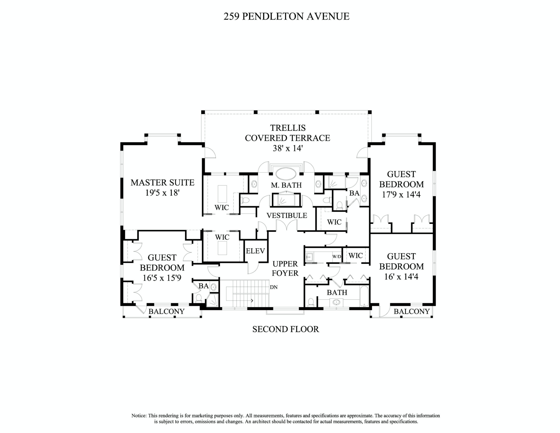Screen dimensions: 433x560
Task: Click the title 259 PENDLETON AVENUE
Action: click(x=286, y=16)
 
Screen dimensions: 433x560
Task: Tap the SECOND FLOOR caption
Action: click(x=286, y=329)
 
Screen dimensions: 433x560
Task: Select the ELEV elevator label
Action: click(x=255, y=251)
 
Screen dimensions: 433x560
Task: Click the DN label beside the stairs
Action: click(x=274, y=287)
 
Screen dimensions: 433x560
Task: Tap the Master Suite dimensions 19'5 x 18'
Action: click(x=162, y=193)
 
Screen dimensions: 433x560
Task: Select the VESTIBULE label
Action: click(x=287, y=215)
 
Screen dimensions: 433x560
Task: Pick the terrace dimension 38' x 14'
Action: click(x=288, y=148)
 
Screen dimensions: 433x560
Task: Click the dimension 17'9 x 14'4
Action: click(x=401, y=195)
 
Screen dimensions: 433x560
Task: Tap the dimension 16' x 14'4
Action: click(x=401, y=276)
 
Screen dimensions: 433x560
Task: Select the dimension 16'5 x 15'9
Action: click(x=162, y=278)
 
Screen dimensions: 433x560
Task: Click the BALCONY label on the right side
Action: click(x=411, y=311)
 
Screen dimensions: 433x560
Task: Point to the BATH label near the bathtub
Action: click(x=337, y=292)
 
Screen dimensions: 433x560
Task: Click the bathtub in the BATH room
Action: click(x=364, y=296)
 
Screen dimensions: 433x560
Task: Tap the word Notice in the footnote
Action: click(x=139, y=416)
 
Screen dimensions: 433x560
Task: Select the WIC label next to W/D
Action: click(x=355, y=256)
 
